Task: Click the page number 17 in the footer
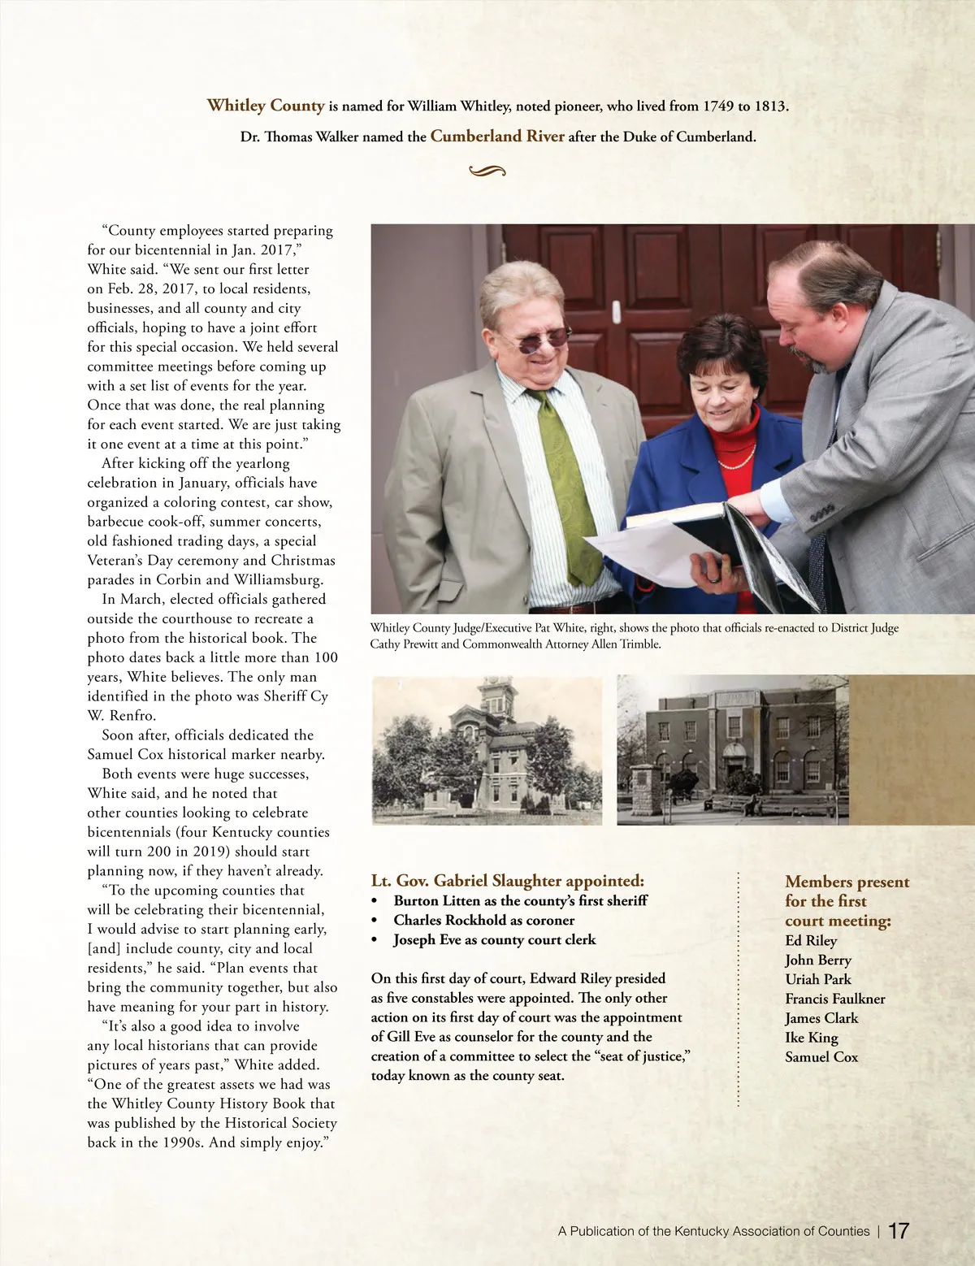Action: coord(899,1230)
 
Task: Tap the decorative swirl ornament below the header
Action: coord(487,171)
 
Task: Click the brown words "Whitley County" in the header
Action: coord(266,106)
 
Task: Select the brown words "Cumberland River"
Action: coord(497,137)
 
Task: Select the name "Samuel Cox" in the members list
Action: coord(821,1057)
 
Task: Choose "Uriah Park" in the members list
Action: coord(818,979)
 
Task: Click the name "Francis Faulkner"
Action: coord(835,999)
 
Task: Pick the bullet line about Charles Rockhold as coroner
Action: coord(483,920)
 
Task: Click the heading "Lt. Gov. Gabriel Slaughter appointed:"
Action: coord(508,881)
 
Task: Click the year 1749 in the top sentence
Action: coord(718,106)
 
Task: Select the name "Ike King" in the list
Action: coord(812,1038)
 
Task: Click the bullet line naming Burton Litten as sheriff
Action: coord(520,900)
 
